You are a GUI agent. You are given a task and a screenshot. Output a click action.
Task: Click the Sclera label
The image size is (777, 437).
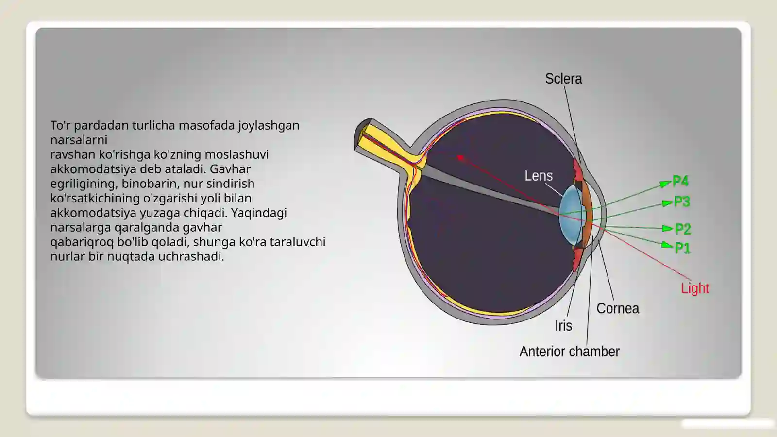(x=563, y=79)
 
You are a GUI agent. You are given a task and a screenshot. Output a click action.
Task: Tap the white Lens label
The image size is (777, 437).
(x=539, y=176)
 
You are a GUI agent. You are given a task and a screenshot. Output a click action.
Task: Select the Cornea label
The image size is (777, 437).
(x=618, y=308)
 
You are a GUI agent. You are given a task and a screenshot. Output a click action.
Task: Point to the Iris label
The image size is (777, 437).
(x=563, y=326)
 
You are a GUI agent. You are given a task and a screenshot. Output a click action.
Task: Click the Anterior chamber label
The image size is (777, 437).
(x=569, y=352)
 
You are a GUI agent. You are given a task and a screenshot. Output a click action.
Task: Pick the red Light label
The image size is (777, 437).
(x=695, y=288)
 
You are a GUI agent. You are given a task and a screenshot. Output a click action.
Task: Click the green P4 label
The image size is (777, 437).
(x=680, y=181)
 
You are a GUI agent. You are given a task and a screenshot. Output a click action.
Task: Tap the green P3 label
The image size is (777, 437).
(x=682, y=202)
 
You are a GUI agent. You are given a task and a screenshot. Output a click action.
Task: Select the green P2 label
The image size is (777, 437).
(x=683, y=229)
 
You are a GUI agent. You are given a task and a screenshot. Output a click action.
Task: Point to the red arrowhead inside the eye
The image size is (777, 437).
(x=460, y=158)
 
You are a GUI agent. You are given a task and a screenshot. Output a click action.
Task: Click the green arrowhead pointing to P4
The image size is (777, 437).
(x=665, y=184)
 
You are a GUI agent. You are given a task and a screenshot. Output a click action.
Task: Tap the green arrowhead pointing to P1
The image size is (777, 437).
(x=667, y=245)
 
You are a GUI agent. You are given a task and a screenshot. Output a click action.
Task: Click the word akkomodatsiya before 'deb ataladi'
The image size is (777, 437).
(x=93, y=169)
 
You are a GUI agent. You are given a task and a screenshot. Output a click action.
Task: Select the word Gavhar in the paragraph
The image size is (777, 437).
(x=230, y=169)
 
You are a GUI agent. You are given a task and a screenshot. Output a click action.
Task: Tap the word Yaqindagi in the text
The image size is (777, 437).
(x=259, y=213)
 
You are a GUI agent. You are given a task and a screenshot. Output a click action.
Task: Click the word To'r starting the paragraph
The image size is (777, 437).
(x=60, y=125)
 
